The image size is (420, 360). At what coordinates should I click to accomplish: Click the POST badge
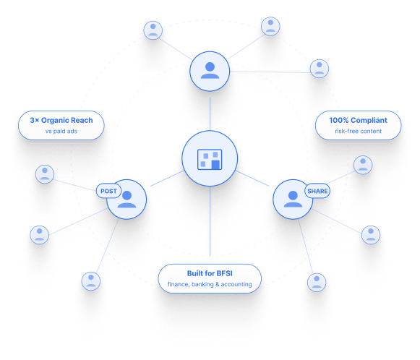point(108,191)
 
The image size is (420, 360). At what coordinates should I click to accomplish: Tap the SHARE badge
point(317,191)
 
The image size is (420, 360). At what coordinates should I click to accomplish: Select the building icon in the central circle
point(210,160)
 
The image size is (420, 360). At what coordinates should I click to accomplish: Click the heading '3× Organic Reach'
point(61,120)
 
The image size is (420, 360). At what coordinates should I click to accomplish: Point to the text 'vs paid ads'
point(61,132)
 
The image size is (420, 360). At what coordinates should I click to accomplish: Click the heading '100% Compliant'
point(358,120)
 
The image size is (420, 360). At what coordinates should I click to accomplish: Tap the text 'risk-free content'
point(358,132)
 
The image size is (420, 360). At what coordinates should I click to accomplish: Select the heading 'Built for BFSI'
point(210,273)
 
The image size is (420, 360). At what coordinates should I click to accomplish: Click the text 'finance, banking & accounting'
point(210,284)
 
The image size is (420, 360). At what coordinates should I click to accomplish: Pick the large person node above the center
point(210,72)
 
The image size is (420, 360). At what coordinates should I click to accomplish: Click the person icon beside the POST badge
point(127,200)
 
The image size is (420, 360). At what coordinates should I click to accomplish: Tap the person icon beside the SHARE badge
point(293,199)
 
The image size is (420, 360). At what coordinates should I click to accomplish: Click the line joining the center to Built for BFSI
point(210,221)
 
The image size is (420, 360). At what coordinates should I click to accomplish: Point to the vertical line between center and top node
point(210,113)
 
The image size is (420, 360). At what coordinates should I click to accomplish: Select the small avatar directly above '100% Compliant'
point(320,69)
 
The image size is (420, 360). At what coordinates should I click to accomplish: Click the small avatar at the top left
point(153,30)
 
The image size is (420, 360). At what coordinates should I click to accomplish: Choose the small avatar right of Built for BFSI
point(317,283)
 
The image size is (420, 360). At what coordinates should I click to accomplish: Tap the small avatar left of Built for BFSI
point(91,281)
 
